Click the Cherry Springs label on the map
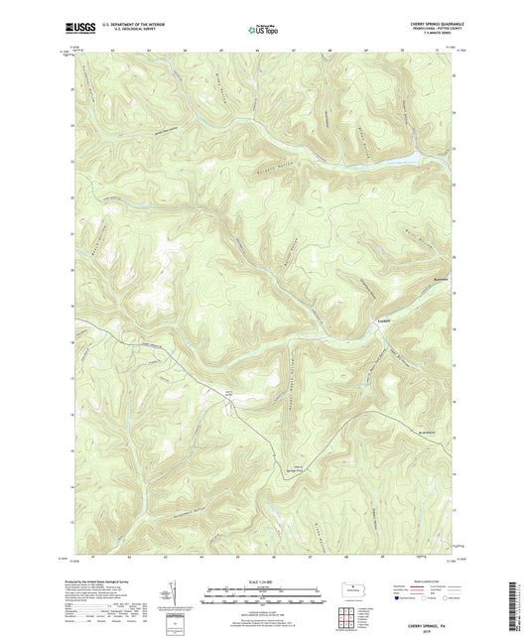(230, 394)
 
